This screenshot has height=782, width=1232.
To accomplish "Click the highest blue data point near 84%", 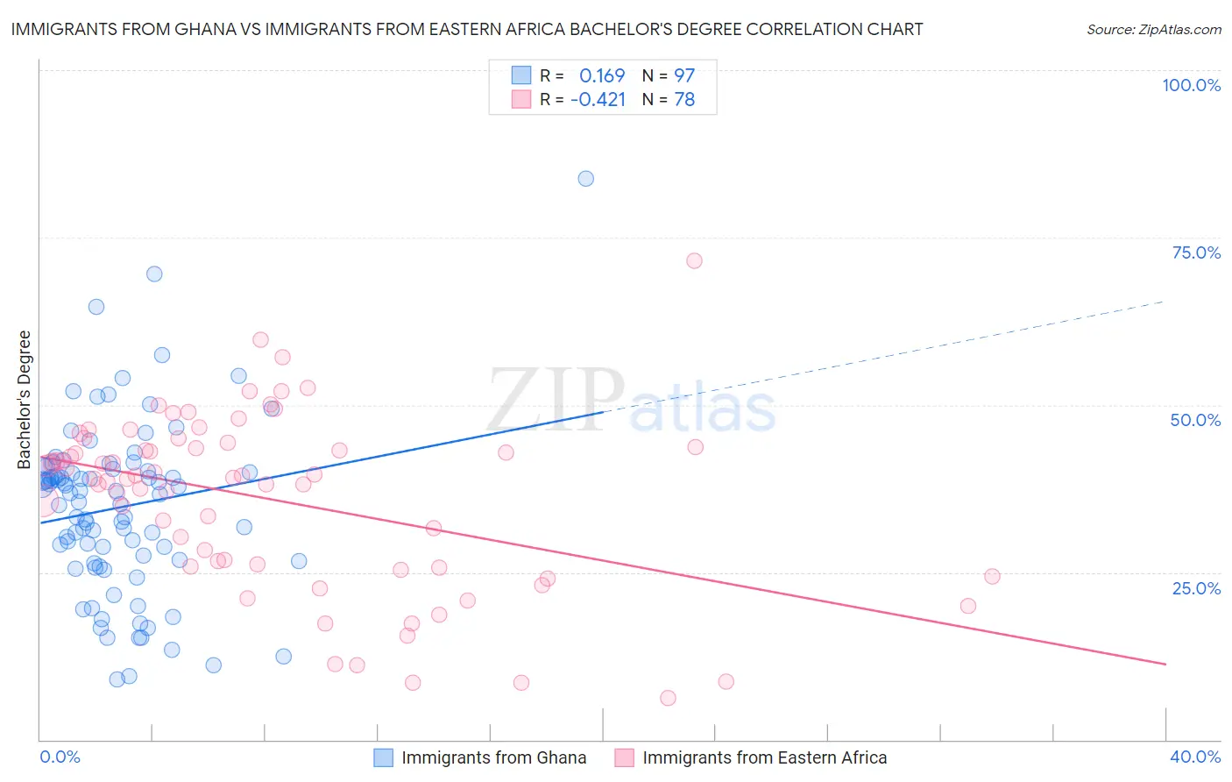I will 586,179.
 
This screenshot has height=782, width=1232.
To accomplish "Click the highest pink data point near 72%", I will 694,260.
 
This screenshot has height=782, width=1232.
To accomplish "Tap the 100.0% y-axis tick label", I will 1191,85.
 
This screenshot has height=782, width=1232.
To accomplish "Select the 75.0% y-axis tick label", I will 1196,252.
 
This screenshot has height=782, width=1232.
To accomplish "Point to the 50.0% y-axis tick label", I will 1195,420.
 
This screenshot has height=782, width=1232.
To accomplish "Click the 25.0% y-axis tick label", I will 1196,587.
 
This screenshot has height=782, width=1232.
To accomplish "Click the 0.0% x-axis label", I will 60,757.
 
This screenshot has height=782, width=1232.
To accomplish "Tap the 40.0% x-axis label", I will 1195,757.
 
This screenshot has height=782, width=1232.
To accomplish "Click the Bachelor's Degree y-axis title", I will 25,400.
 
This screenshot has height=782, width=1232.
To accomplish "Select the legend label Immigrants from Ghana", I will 493,757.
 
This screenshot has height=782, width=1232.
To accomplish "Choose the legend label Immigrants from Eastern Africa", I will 764,757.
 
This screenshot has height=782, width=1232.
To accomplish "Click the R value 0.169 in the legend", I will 602,75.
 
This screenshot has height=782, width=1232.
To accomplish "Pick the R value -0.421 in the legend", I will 598,100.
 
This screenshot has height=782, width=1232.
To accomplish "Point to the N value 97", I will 683,75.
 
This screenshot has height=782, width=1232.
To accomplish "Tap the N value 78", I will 683,100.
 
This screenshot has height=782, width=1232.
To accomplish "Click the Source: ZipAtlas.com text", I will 1153,29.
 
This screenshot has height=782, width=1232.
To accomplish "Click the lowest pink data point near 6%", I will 668,698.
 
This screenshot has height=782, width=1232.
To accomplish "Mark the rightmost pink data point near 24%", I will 992,576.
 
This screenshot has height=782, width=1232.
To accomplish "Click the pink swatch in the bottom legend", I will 624,757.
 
